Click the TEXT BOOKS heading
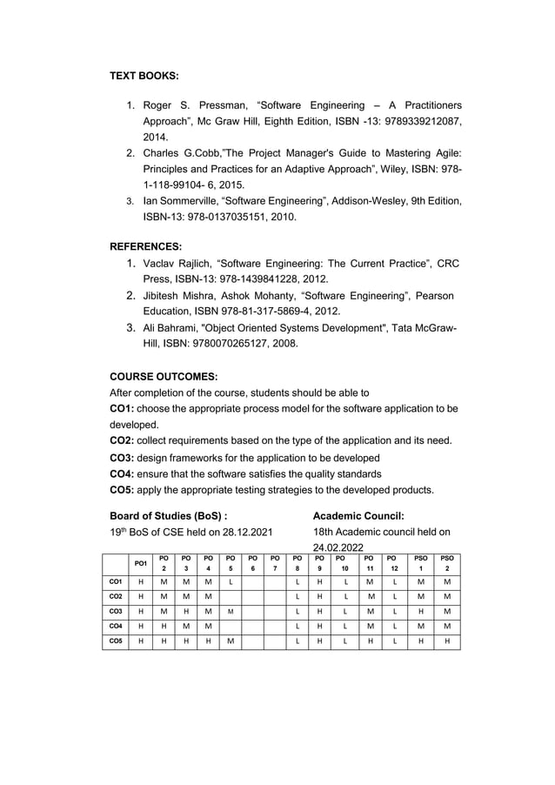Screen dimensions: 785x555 click(x=144, y=77)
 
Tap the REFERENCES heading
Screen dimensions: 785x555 click(x=145, y=247)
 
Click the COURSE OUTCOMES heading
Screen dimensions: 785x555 click(x=164, y=376)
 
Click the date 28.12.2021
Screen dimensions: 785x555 click(x=245, y=531)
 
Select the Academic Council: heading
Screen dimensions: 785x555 click(x=358, y=514)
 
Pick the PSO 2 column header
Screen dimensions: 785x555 click(x=447, y=562)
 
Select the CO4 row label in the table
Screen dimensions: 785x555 click(x=114, y=625)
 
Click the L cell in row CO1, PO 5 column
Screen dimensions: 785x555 click(x=231, y=580)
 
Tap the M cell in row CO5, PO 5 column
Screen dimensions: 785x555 click(x=231, y=641)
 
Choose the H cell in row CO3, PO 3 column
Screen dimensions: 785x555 click(x=186, y=610)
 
